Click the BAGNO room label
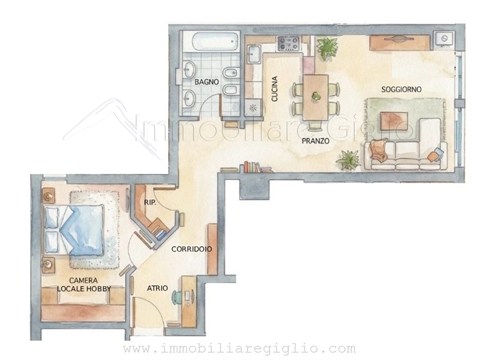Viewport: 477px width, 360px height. pyautogui.click(x=206, y=82)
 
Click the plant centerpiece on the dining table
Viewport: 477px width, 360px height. pyautogui.click(x=315, y=96)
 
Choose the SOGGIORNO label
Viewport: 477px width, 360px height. pyautogui.click(x=401, y=89)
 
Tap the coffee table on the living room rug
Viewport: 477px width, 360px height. pyautogui.click(x=394, y=121)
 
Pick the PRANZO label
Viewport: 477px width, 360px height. pyautogui.click(x=316, y=141)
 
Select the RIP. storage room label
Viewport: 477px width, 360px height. pyautogui.click(x=150, y=202)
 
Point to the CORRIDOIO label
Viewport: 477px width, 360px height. pyautogui.click(x=192, y=249)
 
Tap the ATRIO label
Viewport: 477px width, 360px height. pyautogui.click(x=157, y=288)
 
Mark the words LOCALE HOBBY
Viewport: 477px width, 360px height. pyautogui.click(x=84, y=289)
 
